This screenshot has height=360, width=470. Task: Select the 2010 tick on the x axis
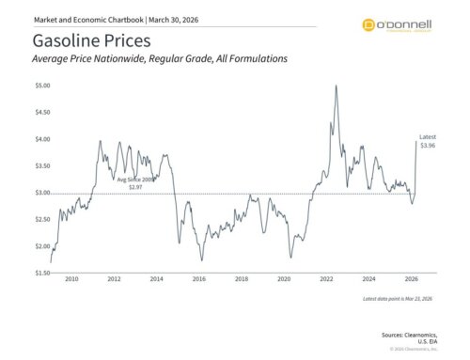coord(70,280)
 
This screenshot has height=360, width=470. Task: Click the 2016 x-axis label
coord(199,280)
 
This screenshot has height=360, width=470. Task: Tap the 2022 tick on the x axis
coord(327,280)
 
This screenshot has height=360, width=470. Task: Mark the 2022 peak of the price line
coord(336,86)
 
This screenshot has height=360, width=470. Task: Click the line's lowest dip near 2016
coord(201,260)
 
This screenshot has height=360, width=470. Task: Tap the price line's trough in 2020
coord(291,257)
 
